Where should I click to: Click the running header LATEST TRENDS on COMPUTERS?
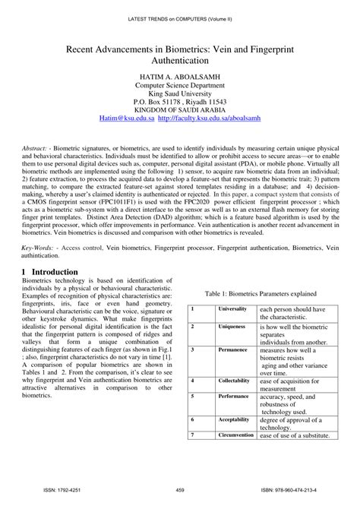coord(179,8)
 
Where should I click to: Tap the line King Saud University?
coord(179,99)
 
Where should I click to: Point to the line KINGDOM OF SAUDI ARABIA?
coord(179,109)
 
